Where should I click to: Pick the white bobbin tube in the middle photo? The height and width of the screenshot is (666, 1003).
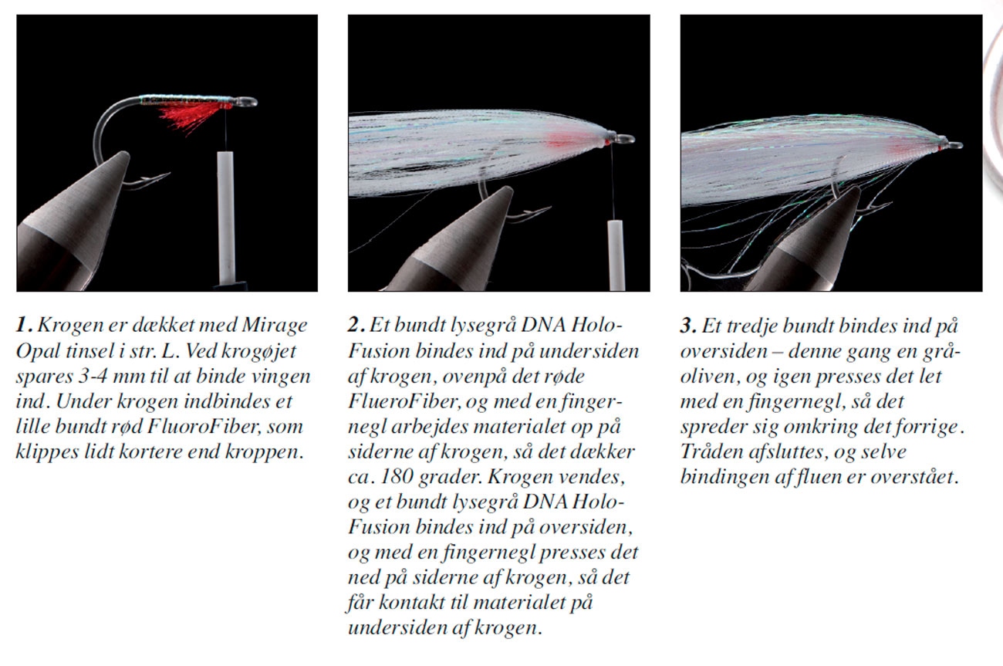pyautogui.click(x=615, y=254)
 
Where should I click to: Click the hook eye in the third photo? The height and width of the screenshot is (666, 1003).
pyautogui.click(x=954, y=144)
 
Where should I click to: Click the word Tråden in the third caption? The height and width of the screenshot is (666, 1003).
pyautogui.click(x=705, y=451)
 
